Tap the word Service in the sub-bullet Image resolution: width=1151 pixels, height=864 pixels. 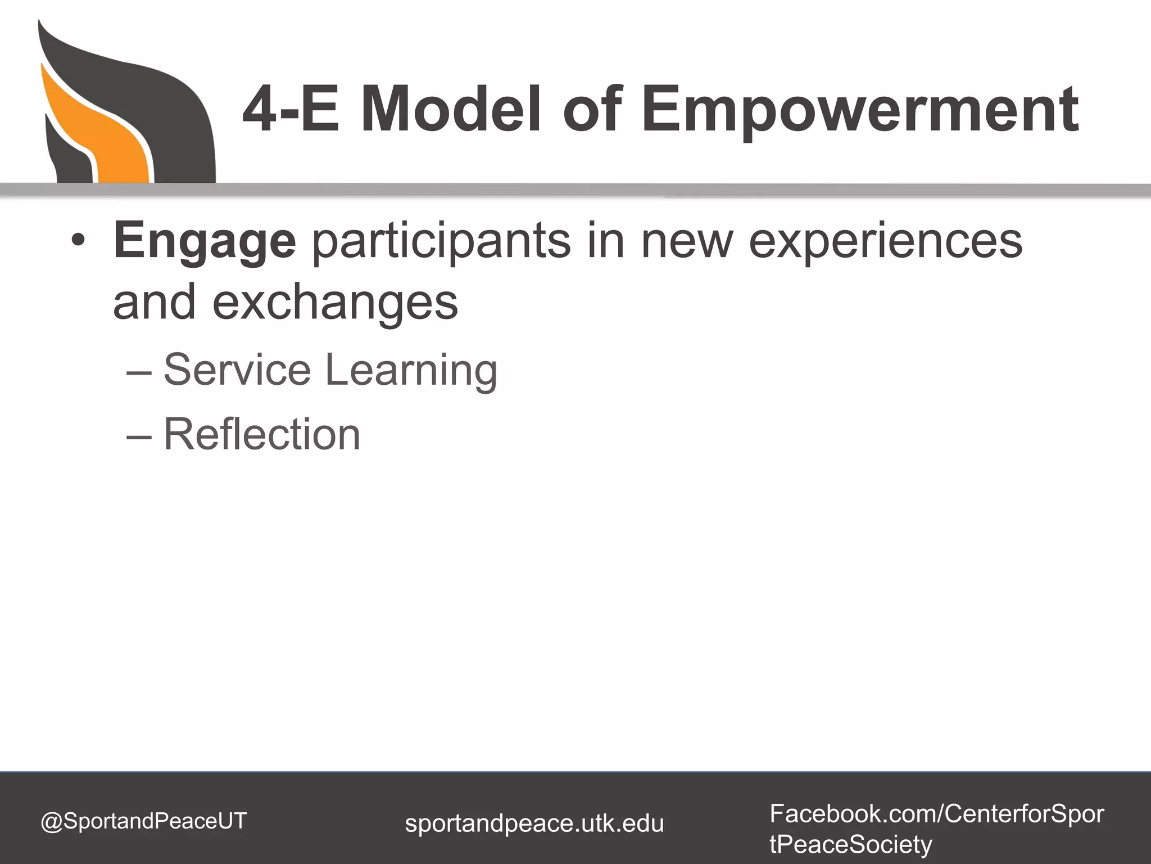(237, 370)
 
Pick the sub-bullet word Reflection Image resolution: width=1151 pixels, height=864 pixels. (262, 434)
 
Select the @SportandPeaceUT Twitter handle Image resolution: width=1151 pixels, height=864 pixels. (144, 821)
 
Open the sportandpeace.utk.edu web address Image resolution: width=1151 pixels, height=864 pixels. (534, 823)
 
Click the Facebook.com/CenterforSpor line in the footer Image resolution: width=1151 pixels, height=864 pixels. (936, 814)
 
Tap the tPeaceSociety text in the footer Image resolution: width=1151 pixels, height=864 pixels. (850, 844)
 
